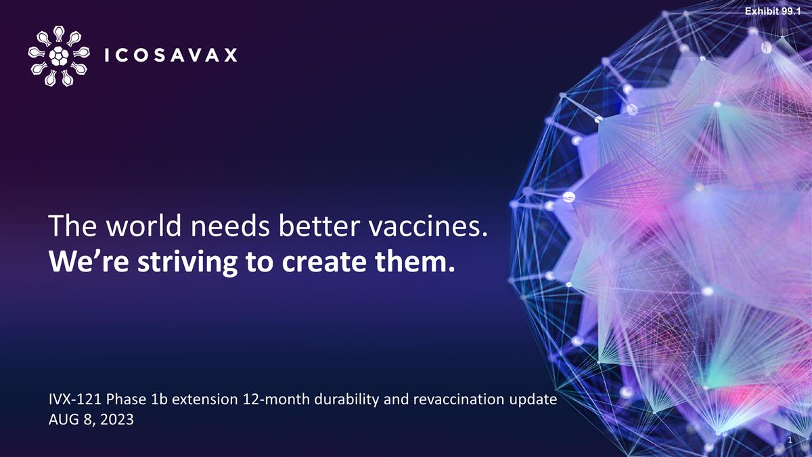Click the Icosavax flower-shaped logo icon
coord(59,56)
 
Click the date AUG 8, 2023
coord(91,420)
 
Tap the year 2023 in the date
coord(116,420)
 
